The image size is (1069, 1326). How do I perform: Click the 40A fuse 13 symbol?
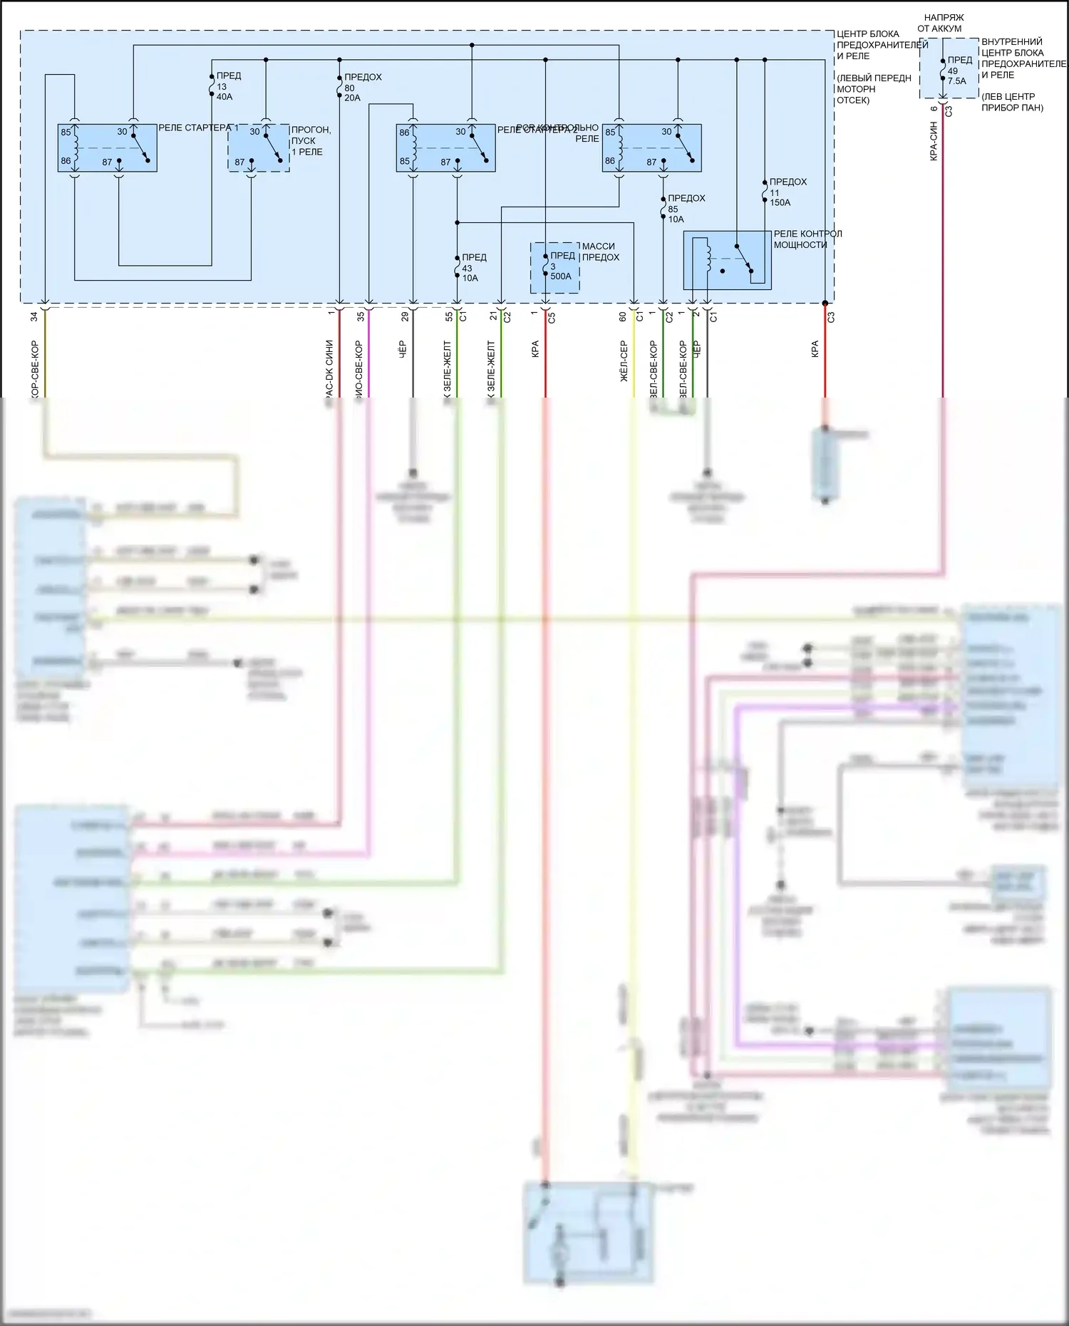(x=212, y=86)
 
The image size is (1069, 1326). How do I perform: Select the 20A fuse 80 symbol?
(x=339, y=87)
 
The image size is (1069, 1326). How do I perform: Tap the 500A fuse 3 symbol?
(x=545, y=266)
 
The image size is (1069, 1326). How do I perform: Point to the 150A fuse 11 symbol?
(x=764, y=192)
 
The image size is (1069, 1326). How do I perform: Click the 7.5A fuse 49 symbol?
(x=943, y=71)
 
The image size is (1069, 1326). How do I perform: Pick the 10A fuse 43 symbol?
(x=457, y=267)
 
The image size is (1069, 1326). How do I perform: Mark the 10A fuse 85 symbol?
(x=663, y=209)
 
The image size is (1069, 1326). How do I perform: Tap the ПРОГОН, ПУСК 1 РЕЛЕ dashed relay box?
(x=258, y=147)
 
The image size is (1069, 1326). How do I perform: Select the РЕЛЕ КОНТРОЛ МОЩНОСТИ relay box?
(x=727, y=260)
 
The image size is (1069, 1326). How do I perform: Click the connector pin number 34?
(x=33, y=316)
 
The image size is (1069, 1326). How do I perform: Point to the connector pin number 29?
(x=404, y=316)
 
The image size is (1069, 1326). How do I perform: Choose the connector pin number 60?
(x=623, y=316)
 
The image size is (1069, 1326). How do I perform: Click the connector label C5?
(x=552, y=317)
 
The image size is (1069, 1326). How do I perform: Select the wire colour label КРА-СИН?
(x=934, y=141)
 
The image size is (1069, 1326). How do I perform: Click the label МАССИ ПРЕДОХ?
(x=600, y=252)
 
